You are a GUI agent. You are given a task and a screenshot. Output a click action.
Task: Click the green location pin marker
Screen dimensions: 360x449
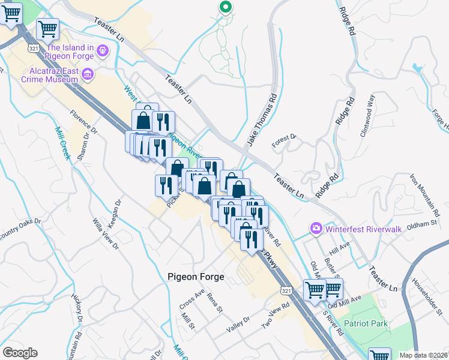[225, 7]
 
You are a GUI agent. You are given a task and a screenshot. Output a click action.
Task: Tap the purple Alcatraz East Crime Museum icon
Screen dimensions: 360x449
[88, 74]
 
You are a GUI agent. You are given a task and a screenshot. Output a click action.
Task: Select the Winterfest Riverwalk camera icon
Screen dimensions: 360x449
[316, 228]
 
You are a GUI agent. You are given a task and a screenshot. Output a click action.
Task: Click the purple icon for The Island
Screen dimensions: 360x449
[103, 51]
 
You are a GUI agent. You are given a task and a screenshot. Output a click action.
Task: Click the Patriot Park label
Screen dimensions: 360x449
[366, 324]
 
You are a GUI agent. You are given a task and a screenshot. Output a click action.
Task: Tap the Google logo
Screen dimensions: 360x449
[20, 353]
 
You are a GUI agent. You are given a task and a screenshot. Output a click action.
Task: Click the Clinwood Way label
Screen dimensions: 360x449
[367, 116]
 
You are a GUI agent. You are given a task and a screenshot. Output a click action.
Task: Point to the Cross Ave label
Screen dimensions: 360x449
[191, 298]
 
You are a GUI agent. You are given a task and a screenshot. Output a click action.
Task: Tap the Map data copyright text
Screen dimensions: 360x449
[424, 355]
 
